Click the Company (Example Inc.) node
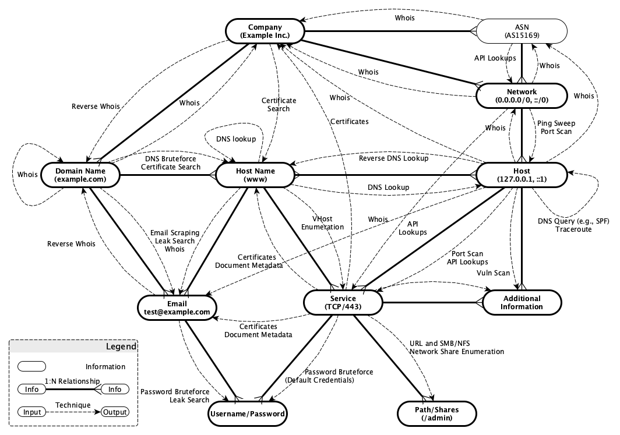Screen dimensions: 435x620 265,31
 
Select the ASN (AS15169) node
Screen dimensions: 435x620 522,31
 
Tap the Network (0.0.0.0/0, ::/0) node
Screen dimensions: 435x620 522,96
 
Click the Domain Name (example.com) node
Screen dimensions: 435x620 80,175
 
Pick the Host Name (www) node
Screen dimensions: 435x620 255,175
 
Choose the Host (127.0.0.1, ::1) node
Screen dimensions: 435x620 522,175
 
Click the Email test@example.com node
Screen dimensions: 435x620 177,307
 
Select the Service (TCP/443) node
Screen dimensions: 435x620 343,302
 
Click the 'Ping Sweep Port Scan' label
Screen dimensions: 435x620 554,128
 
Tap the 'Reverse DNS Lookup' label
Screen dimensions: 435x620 393,158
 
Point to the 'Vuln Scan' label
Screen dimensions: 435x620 493,273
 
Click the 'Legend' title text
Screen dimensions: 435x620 121,346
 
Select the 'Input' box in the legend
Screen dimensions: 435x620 32,412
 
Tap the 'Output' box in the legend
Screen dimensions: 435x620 115,412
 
